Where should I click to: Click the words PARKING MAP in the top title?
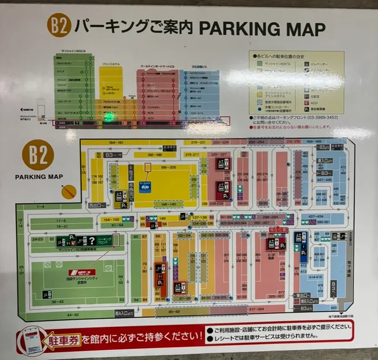click(262, 28)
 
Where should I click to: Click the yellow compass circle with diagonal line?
click(69, 192)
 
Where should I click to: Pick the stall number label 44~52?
click(73, 314)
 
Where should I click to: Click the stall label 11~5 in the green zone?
click(53, 220)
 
